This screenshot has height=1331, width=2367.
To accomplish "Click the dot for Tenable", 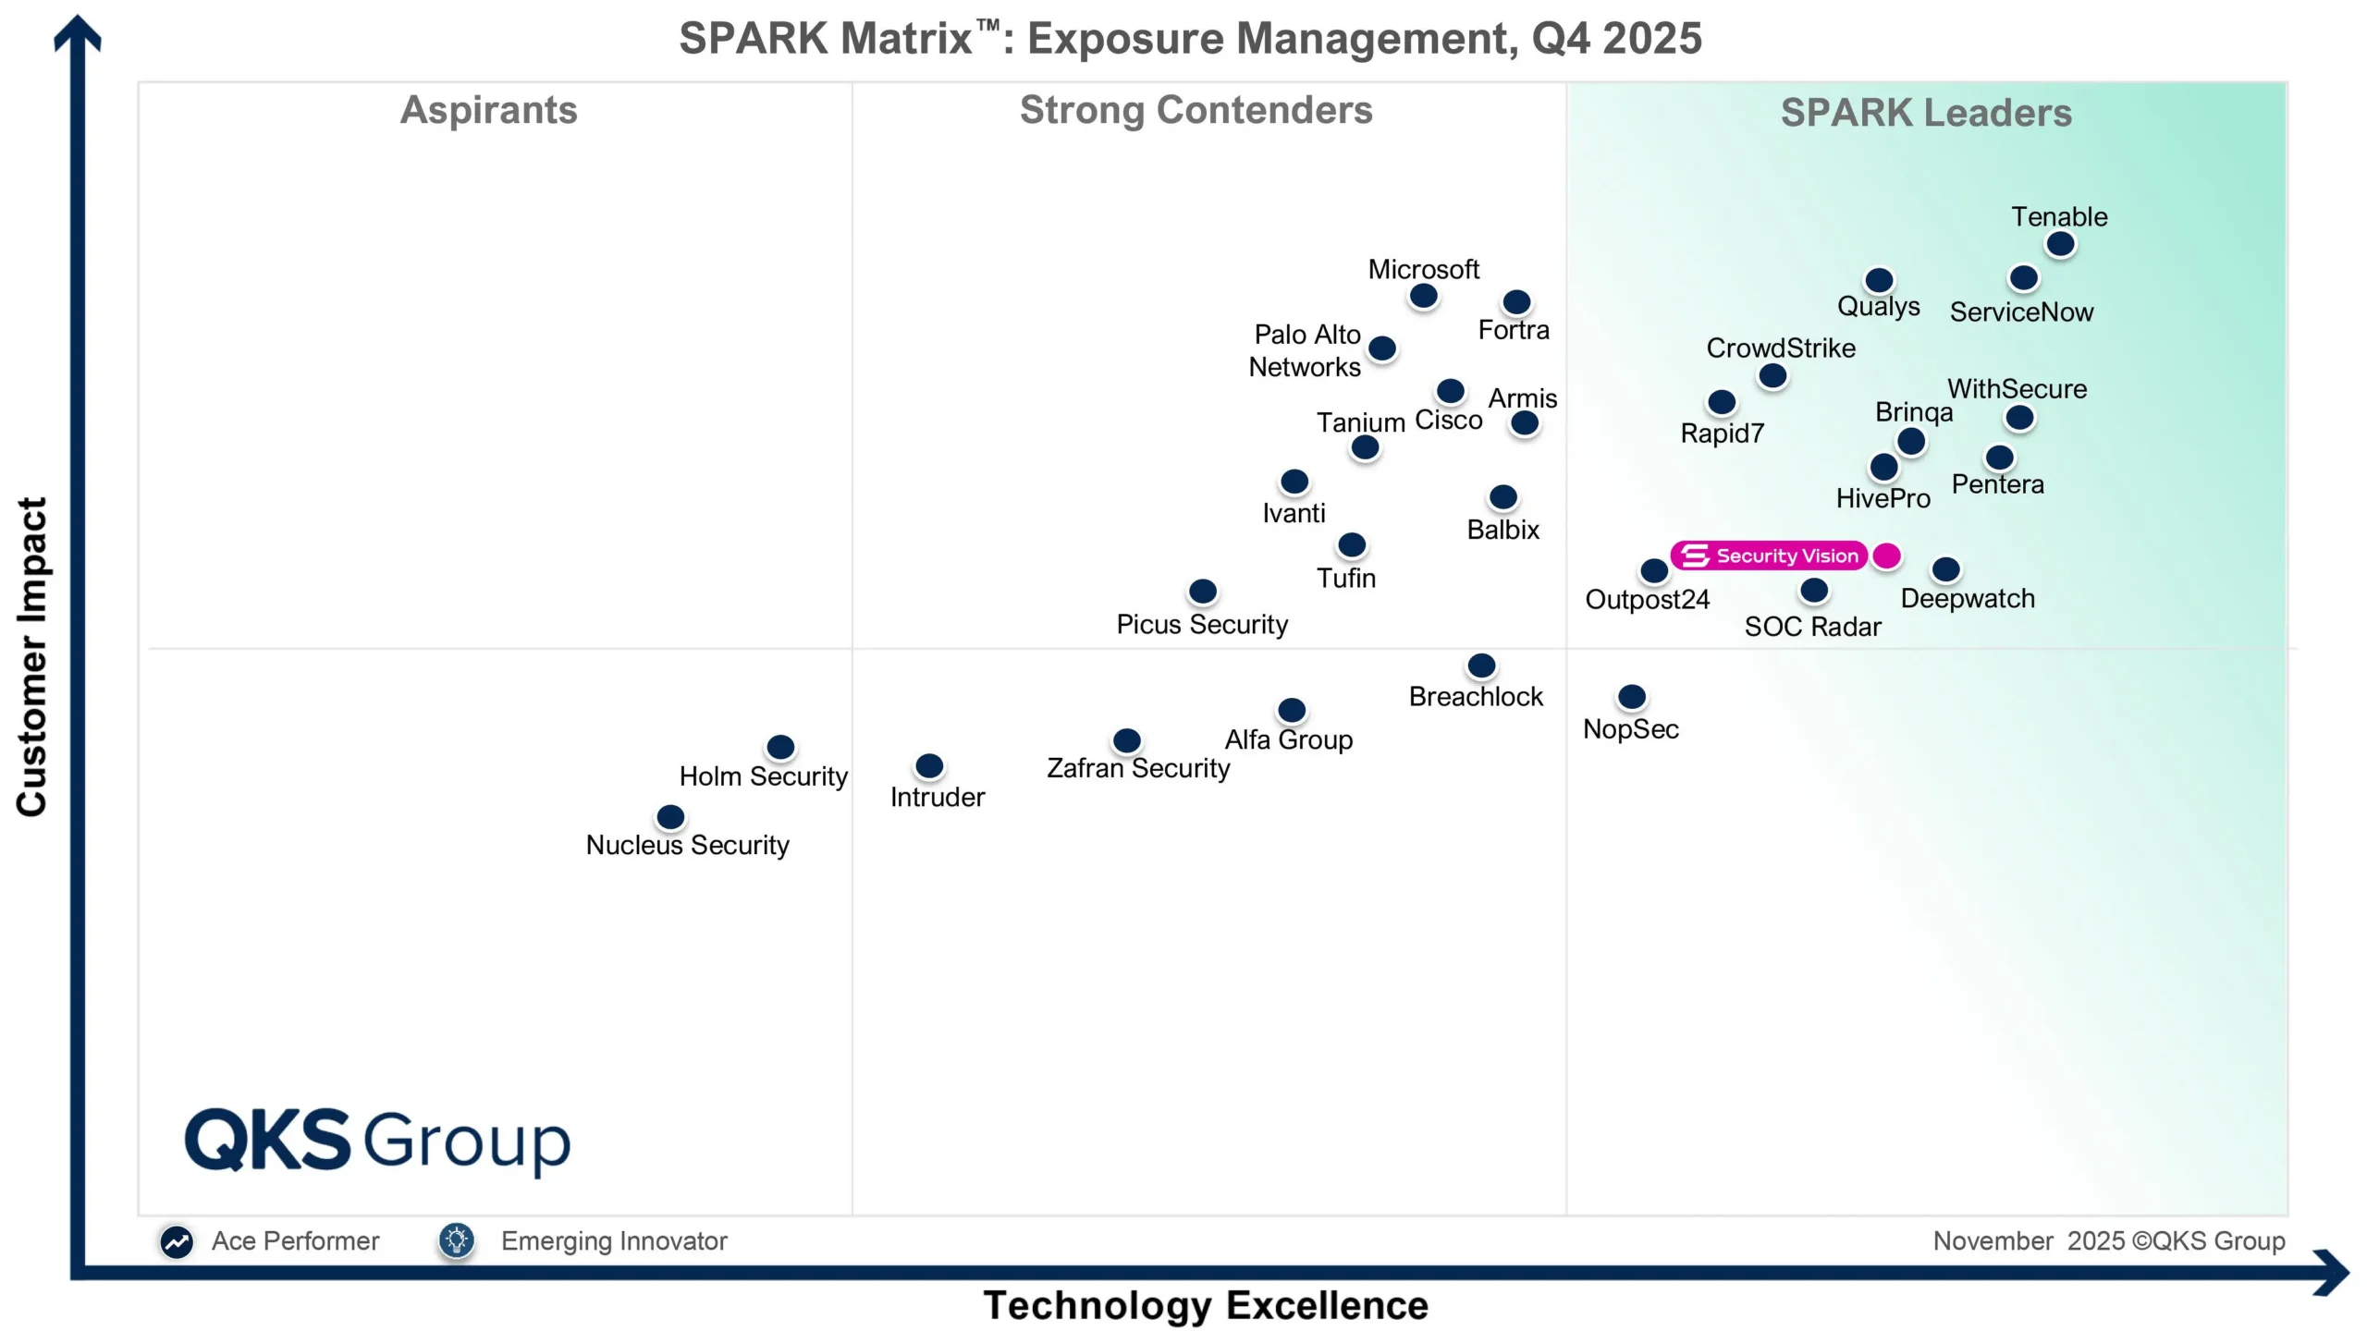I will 2060,244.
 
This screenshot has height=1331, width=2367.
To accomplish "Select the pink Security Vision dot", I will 1886,556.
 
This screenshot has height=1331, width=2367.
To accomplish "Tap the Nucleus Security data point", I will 670,817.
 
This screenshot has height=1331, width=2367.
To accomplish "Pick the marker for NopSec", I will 1632,696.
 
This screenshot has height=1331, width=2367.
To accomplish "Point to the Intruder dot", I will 929,765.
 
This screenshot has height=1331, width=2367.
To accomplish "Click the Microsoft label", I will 1423,269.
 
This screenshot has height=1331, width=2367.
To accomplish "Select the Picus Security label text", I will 1201,624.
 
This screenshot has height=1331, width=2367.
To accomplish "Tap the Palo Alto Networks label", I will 1305,350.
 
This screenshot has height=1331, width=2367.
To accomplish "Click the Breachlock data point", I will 1481,665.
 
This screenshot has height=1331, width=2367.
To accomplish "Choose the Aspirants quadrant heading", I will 488,110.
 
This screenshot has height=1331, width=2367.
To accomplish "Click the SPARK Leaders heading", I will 1926,113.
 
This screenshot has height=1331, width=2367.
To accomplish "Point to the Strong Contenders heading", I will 1196,110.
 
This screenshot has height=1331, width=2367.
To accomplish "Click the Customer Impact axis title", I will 31,656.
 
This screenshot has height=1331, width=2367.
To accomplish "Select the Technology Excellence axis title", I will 1205,1305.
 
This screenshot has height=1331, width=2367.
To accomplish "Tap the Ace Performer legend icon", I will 177,1241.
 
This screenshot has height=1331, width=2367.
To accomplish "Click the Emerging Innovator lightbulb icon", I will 457,1240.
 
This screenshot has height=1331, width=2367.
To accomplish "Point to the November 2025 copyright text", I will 2108,1240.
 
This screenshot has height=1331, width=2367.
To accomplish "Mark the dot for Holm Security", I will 780,746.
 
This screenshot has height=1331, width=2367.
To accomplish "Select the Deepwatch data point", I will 1945,568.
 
